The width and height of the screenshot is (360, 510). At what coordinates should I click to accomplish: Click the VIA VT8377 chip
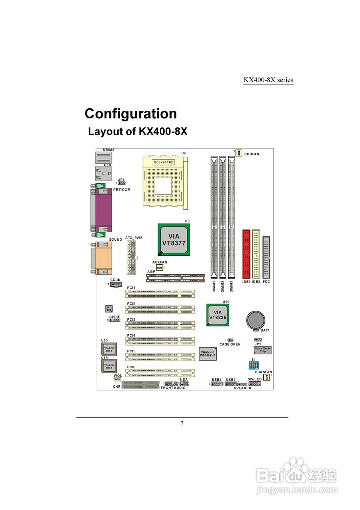point(174,239)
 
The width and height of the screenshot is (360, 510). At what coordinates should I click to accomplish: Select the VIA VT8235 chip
point(217,315)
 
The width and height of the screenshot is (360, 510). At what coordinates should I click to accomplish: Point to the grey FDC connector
point(266,257)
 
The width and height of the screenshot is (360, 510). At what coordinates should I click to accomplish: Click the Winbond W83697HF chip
point(207,354)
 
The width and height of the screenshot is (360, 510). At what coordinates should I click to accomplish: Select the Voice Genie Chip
point(262,350)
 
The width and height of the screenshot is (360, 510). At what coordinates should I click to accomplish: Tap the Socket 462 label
point(164,162)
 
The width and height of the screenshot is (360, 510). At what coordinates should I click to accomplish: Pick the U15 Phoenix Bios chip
point(109,349)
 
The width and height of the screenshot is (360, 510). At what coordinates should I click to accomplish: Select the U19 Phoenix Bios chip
point(109,366)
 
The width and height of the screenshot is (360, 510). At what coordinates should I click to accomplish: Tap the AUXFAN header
point(160,268)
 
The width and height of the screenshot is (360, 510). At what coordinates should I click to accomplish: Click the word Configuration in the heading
point(131,114)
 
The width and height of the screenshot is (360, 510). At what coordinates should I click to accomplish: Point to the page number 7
point(182,423)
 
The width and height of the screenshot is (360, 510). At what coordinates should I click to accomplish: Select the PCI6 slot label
point(131,367)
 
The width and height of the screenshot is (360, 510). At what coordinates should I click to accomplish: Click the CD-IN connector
point(115,284)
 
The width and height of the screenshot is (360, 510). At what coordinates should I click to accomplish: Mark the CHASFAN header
point(266,377)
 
